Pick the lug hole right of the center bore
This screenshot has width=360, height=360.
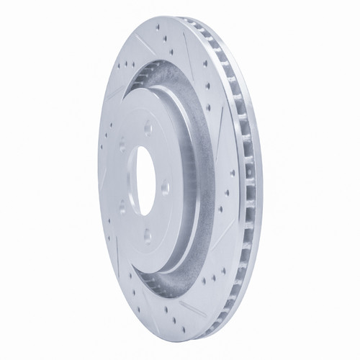click(x=165, y=188)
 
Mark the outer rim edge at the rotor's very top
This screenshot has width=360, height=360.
click(x=173, y=16)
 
